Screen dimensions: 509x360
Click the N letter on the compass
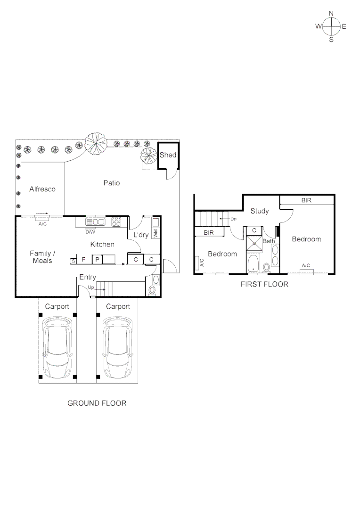[331, 13]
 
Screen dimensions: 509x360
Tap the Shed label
[168, 155]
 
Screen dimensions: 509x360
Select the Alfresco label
[42, 189]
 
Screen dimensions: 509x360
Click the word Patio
[111, 183]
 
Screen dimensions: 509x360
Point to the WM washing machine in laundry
[155, 233]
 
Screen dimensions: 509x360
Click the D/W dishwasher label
[90, 232]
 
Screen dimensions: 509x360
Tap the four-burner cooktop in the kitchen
[116, 222]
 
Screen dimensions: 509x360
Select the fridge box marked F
[83, 259]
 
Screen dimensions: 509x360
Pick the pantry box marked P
[97, 259]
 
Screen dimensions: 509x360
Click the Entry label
[88, 277]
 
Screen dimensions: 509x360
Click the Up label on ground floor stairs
[91, 287]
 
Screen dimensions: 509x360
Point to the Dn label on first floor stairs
[233, 219]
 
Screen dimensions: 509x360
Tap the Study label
[259, 211]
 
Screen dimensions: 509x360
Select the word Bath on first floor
[269, 241]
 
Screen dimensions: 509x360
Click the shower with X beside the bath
[254, 243]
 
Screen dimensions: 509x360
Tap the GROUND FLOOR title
[97, 403]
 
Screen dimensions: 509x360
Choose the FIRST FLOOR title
[264, 284]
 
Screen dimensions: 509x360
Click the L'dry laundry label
[141, 234]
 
